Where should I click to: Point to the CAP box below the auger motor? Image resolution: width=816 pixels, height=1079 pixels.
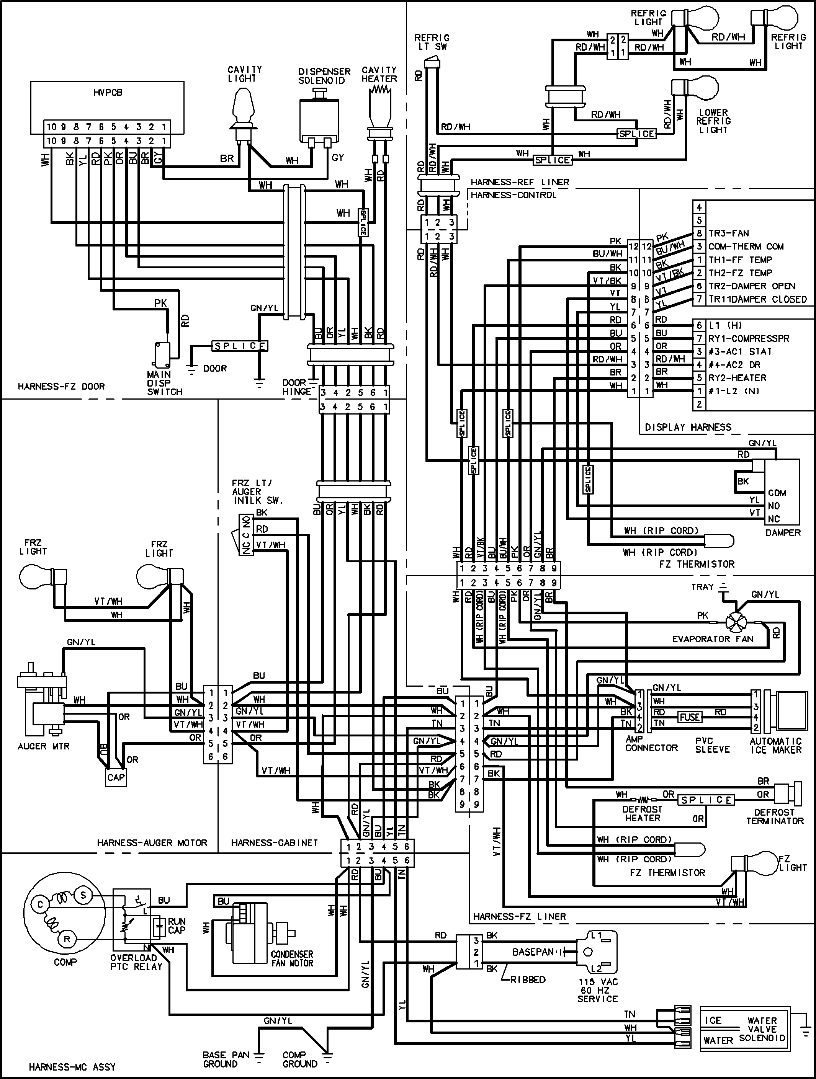coord(116,777)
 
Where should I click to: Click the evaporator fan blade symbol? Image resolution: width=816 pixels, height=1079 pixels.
coord(736,622)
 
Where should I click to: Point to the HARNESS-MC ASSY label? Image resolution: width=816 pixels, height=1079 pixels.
coord(72,1067)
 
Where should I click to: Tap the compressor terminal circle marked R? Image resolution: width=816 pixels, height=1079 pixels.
coord(67,939)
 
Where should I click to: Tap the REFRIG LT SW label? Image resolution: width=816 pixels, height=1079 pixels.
coord(432,42)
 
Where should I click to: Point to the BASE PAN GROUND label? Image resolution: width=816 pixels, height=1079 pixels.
coord(226,1059)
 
